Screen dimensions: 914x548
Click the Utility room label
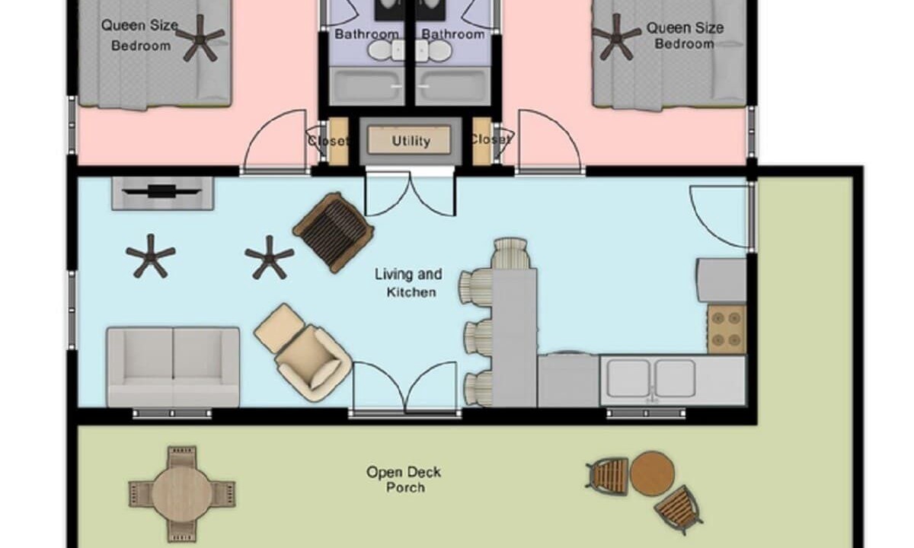tap(411, 141)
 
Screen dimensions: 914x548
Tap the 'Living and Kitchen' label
tap(409, 283)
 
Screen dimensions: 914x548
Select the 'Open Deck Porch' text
tap(404, 479)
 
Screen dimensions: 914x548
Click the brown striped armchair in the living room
tap(334, 232)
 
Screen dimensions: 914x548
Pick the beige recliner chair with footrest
tap(303, 352)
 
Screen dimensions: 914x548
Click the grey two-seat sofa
tap(173, 367)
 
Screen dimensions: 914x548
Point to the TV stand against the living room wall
tap(162, 193)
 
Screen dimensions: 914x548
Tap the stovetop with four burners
tap(727, 329)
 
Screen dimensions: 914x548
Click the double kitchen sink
tap(651, 378)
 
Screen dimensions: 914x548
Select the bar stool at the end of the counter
tap(510, 253)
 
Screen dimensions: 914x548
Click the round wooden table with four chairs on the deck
tap(182, 494)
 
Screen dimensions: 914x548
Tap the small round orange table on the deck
tap(652, 473)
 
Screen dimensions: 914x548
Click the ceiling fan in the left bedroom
tap(200, 38)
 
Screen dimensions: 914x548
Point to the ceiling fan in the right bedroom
tap(616, 37)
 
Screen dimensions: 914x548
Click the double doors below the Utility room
tap(410, 193)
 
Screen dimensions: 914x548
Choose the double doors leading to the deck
tap(404, 387)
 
